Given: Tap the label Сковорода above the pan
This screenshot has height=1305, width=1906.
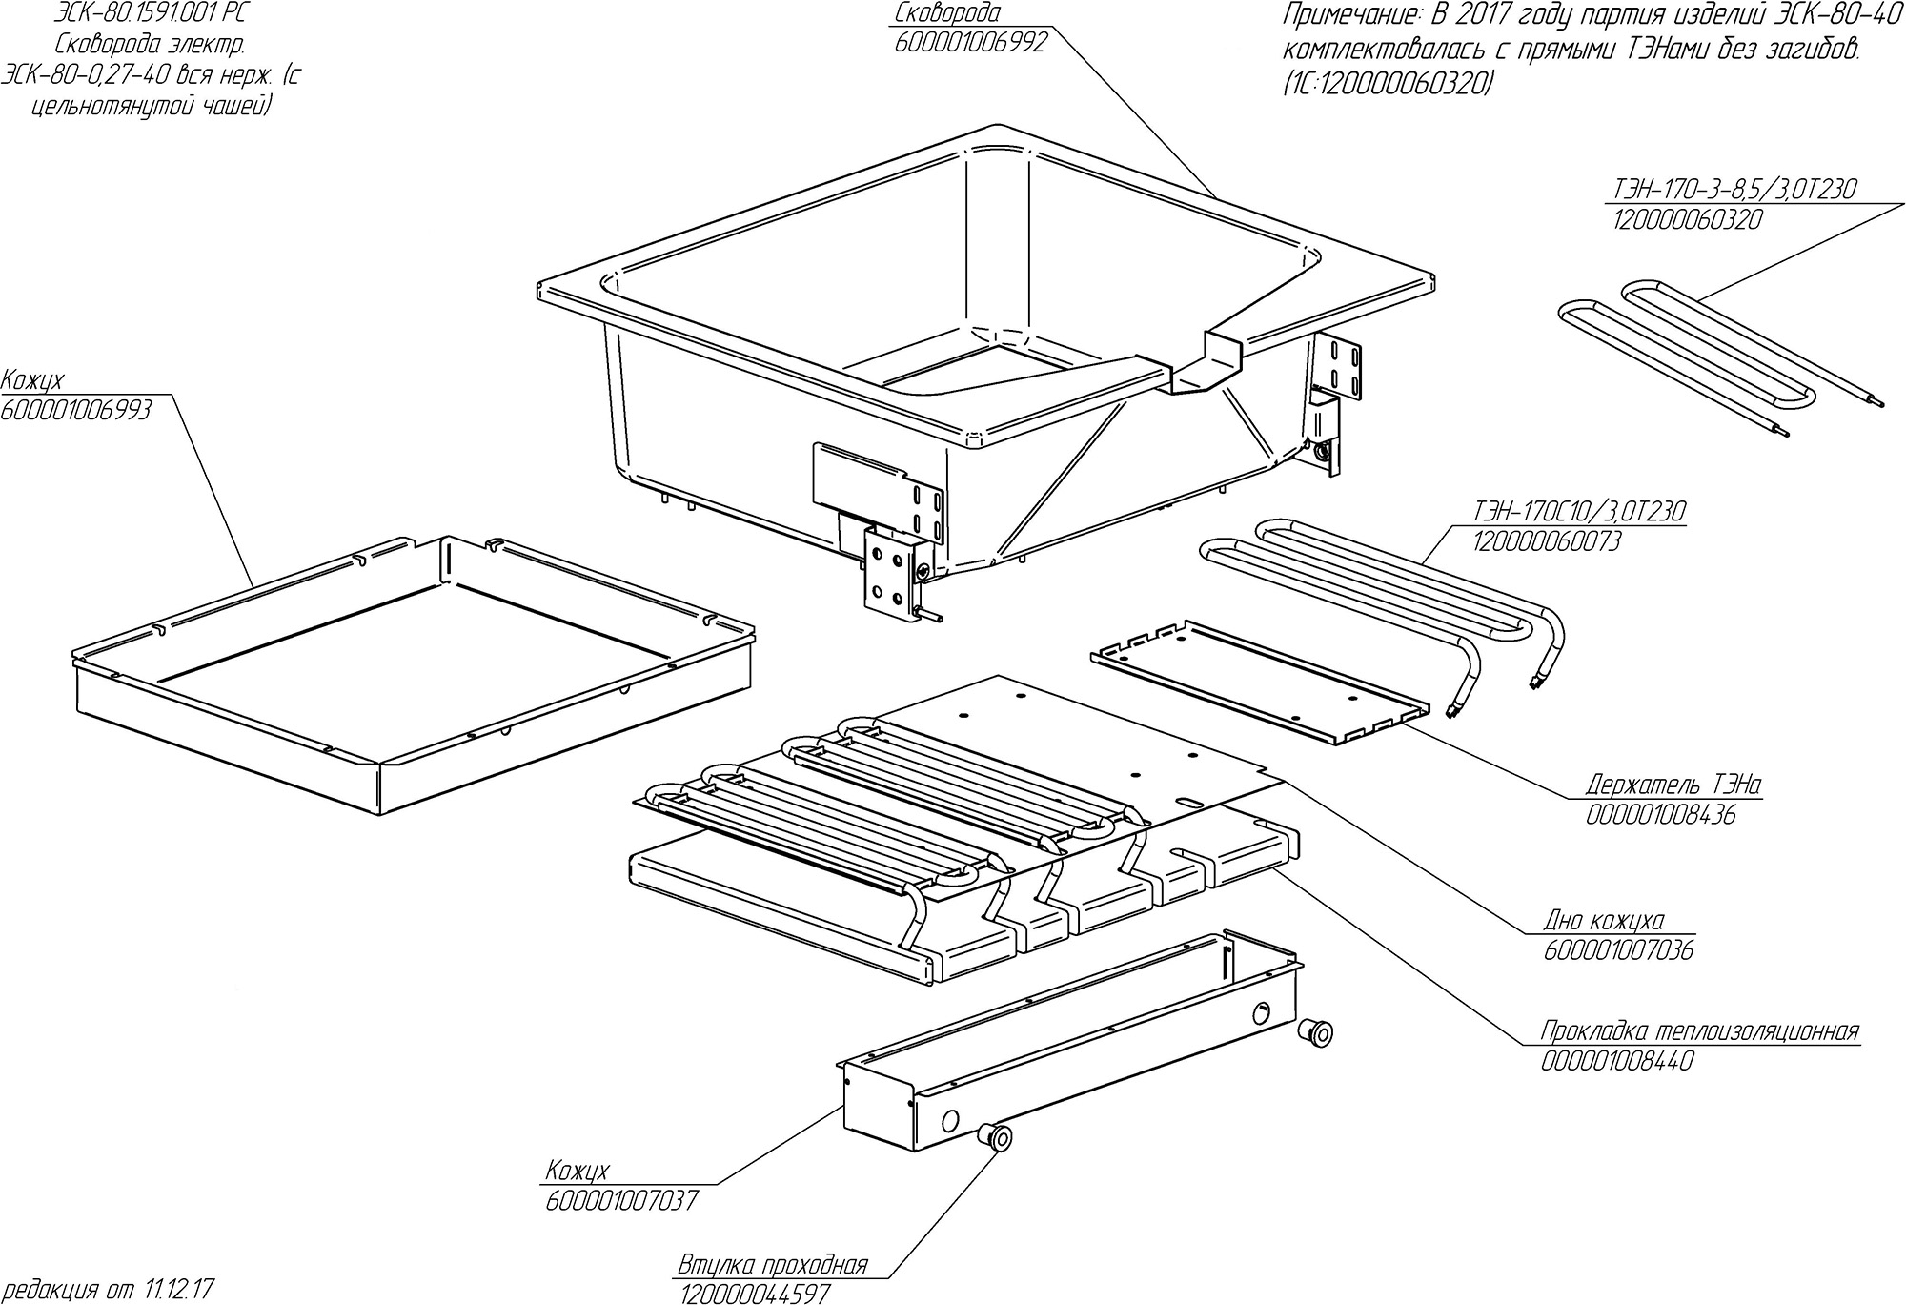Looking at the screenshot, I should [947, 13].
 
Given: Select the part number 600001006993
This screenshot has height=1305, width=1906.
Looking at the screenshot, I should [75, 410].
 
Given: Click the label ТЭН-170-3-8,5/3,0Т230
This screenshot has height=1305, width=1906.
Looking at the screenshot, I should [1734, 190].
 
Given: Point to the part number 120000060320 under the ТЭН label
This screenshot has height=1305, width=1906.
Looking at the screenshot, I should [1687, 220].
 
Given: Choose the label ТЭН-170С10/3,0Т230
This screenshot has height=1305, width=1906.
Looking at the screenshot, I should [1578, 512].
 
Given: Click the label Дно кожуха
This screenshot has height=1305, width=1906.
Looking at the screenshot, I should [1604, 921].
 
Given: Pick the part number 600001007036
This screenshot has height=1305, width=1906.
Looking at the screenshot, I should [1618, 951].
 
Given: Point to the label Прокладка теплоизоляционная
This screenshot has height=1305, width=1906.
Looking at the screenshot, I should [1700, 1031].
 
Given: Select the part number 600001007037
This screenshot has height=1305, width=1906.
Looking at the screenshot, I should [621, 1200].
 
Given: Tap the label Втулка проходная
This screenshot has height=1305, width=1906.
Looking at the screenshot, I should [773, 1266].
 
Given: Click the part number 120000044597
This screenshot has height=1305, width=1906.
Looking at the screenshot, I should [754, 1294].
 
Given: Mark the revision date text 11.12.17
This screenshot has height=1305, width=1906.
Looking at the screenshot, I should [180, 1291].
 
